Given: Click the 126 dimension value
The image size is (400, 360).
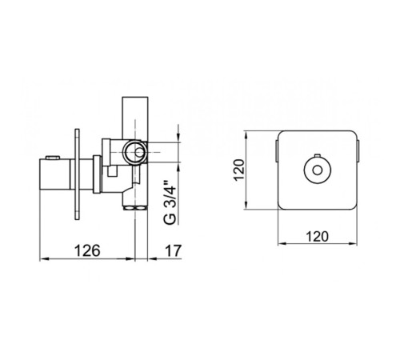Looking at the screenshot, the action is click(x=87, y=250).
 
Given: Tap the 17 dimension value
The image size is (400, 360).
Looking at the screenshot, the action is click(x=173, y=250).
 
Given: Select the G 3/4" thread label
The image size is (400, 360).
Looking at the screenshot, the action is click(x=170, y=202).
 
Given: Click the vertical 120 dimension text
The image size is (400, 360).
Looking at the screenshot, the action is click(x=239, y=170).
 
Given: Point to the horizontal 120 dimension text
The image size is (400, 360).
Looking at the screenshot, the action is click(x=317, y=236).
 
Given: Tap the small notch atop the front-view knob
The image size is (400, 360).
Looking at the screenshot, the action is click(x=318, y=155).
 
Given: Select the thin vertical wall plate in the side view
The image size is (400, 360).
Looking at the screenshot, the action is click(x=77, y=174).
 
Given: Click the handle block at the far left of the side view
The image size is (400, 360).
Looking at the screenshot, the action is click(x=54, y=174).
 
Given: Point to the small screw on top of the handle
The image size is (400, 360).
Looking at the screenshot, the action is click(x=53, y=158).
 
